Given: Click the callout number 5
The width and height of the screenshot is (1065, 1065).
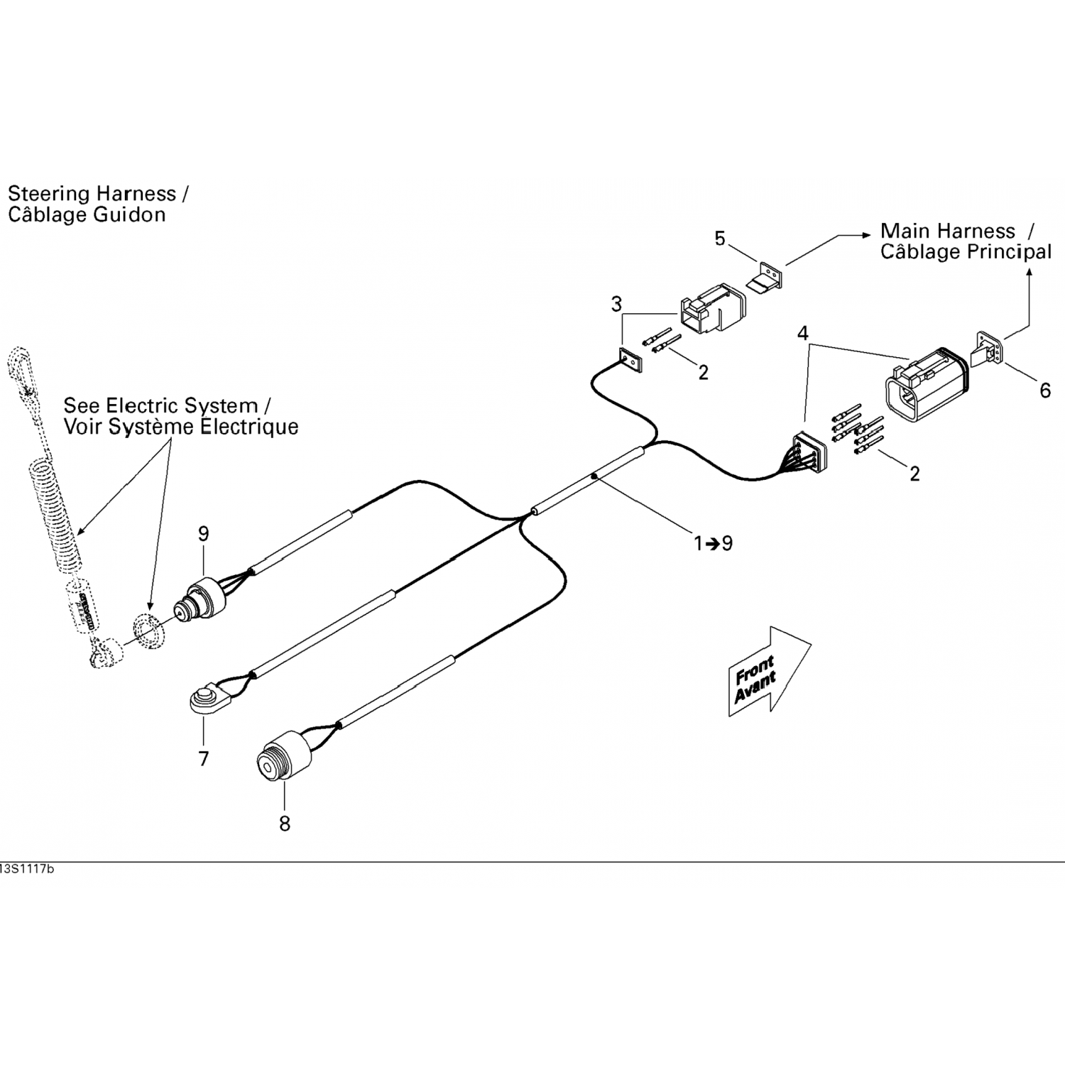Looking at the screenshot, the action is (720, 239).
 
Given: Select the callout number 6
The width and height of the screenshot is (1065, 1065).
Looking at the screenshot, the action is (1044, 390).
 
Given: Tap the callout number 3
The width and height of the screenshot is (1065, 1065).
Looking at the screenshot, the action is (616, 305).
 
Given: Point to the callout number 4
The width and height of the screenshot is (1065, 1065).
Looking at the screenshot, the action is (803, 333).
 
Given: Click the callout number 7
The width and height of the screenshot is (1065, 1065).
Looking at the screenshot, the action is (204, 759).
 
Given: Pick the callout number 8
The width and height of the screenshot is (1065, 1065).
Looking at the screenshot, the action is (285, 824).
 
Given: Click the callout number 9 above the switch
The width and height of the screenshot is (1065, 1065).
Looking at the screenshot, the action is (204, 534).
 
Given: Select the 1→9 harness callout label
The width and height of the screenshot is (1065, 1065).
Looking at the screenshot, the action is (713, 544).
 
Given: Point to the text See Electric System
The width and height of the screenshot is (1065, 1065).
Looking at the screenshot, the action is (160, 406).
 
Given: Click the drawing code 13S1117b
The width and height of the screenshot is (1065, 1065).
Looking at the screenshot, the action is (27, 870).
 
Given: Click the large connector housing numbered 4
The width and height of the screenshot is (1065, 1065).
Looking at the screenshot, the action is (922, 386).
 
